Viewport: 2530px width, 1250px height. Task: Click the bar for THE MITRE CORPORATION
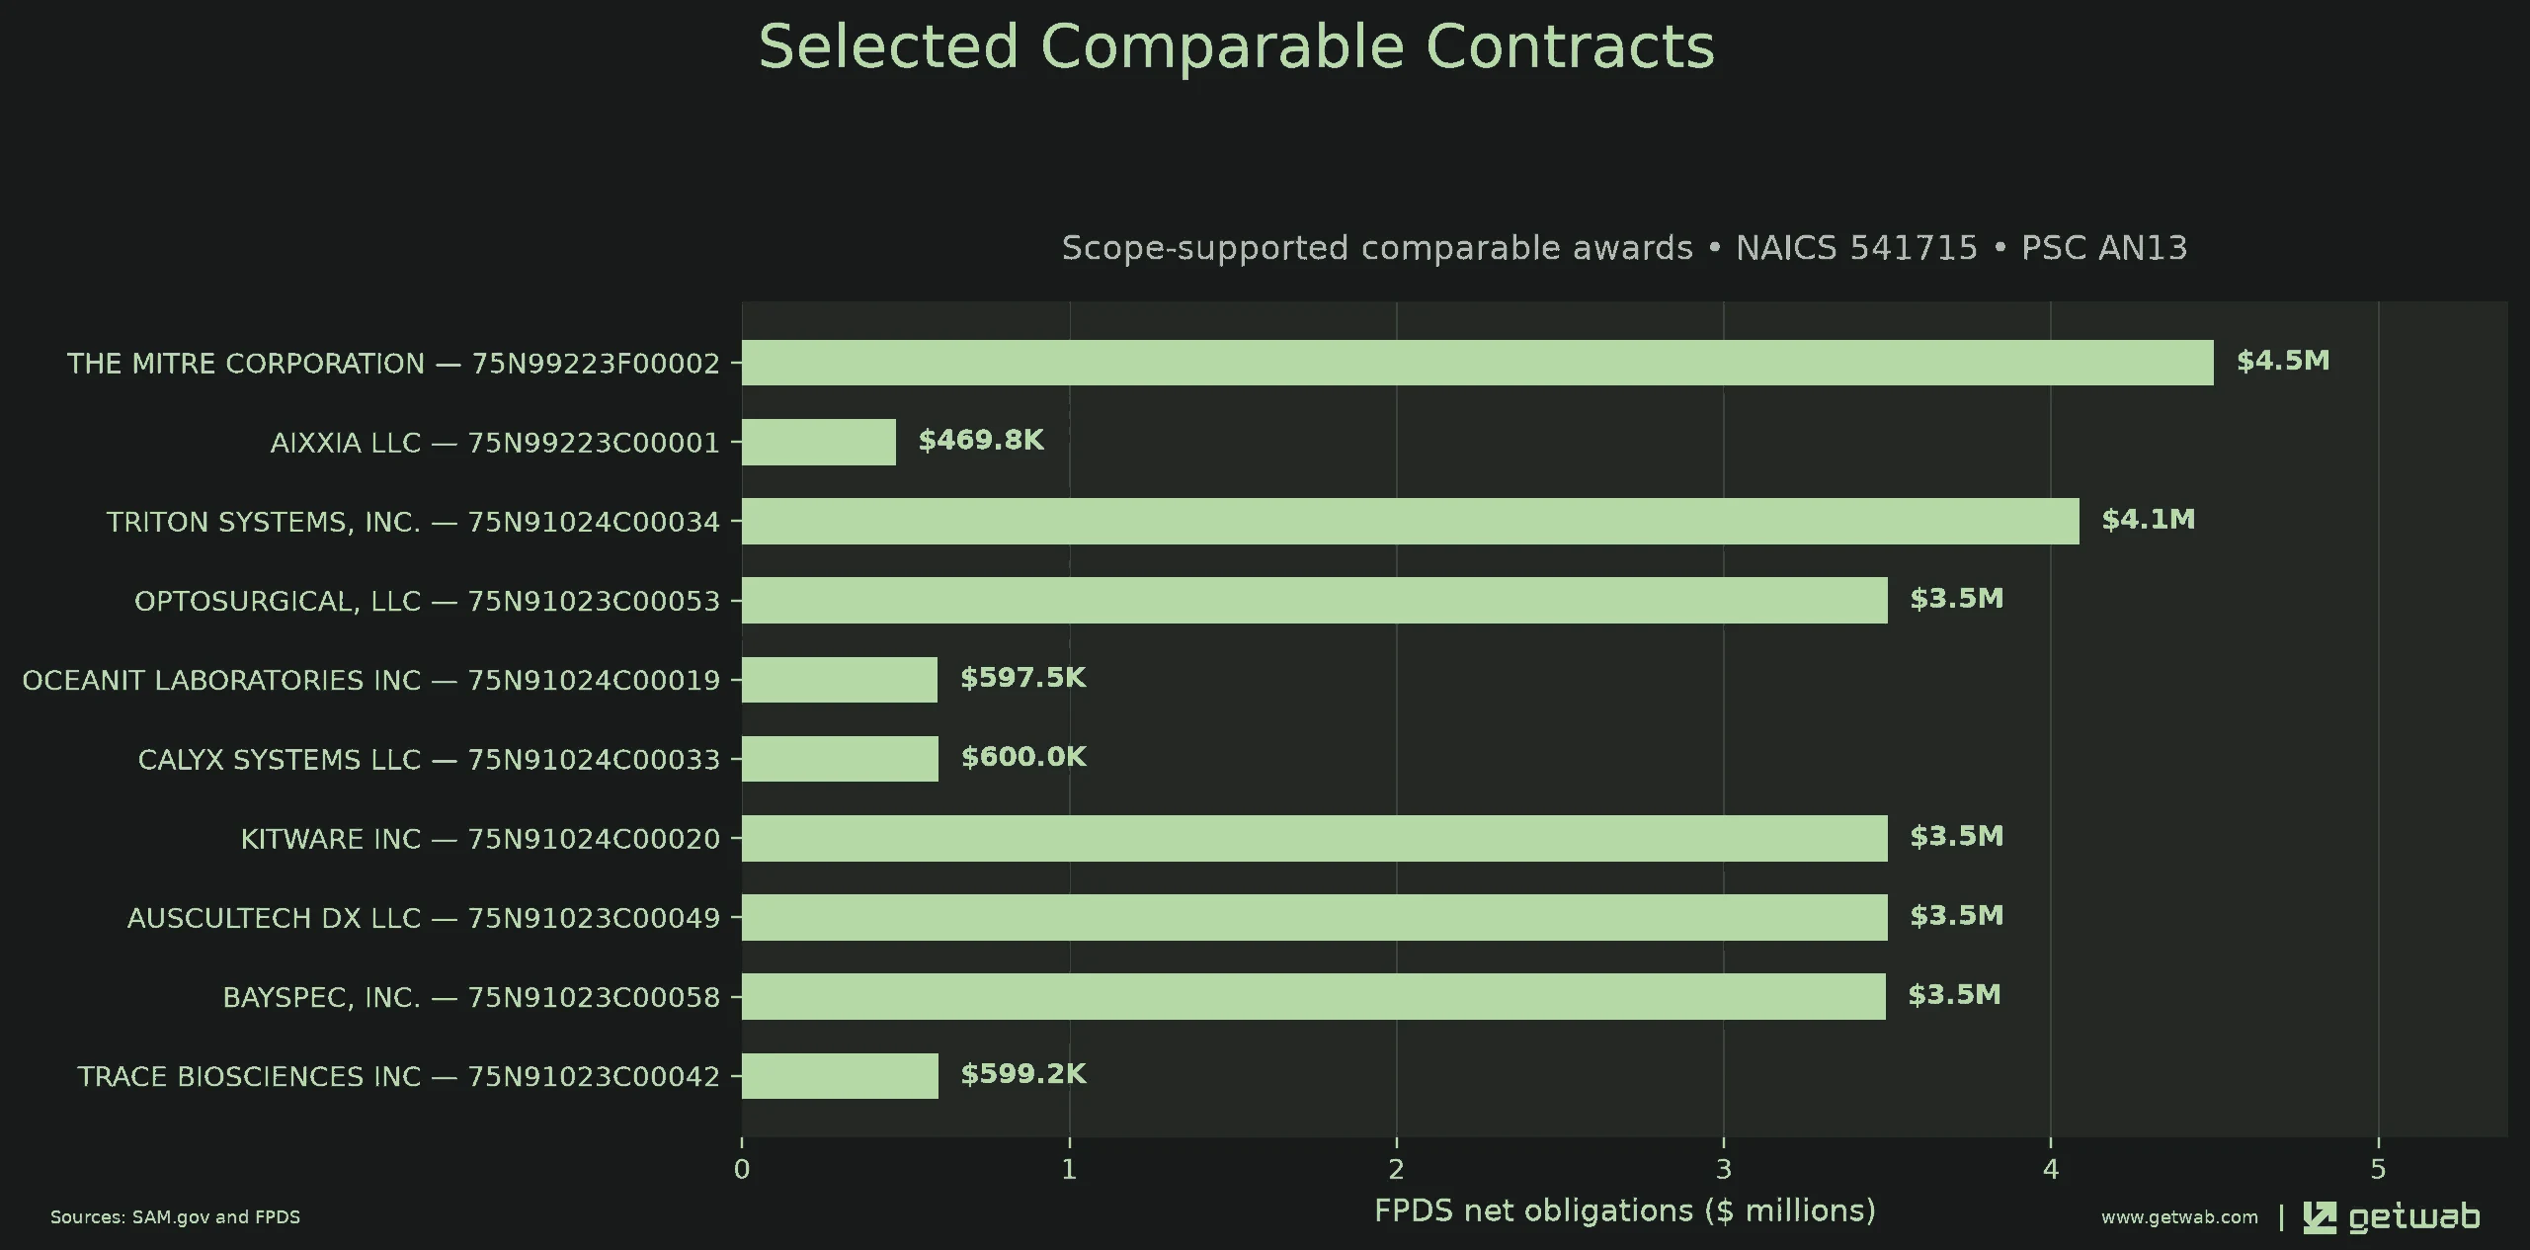pyautogui.click(x=1477, y=363)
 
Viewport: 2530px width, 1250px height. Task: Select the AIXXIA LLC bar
pyautogui.click(x=819, y=442)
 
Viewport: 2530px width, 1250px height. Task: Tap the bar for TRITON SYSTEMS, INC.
pyautogui.click(x=1411, y=521)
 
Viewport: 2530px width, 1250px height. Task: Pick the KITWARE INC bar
pyautogui.click(x=1315, y=838)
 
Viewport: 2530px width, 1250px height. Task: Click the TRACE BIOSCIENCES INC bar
pyautogui.click(x=840, y=1075)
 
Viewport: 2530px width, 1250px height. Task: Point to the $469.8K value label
pyautogui.click(x=981, y=440)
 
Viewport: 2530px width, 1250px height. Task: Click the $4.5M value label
pyautogui.click(x=2283, y=361)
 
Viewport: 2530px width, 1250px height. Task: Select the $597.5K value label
pyautogui.click(x=1023, y=678)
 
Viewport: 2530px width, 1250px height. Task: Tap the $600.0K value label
pyautogui.click(x=1023, y=757)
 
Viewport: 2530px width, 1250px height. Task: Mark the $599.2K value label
pyautogui.click(x=1023, y=1074)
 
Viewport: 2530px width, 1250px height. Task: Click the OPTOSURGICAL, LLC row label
pyautogui.click(x=427, y=601)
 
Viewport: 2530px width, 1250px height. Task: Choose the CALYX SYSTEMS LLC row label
pyautogui.click(x=429, y=760)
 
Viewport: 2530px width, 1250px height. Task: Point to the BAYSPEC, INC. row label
pyautogui.click(x=471, y=997)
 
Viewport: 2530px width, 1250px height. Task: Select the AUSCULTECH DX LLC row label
pyautogui.click(x=424, y=918)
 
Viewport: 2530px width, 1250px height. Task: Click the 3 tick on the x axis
pyautogui.click(x=1724, y=1170)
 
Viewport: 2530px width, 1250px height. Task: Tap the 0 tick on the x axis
pyautogui.click(x=742, y=1170)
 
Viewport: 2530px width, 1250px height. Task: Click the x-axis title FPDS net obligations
pyautogui.click(x=1625, y=1210)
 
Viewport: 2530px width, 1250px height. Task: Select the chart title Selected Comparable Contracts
pyautogui.click(x=1237, y=46)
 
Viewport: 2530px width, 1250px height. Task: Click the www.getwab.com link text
pyautogui.click(x=2179, y=1217)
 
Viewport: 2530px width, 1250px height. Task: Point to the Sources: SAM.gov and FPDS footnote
pyautogui.click(x=176, y=1217)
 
